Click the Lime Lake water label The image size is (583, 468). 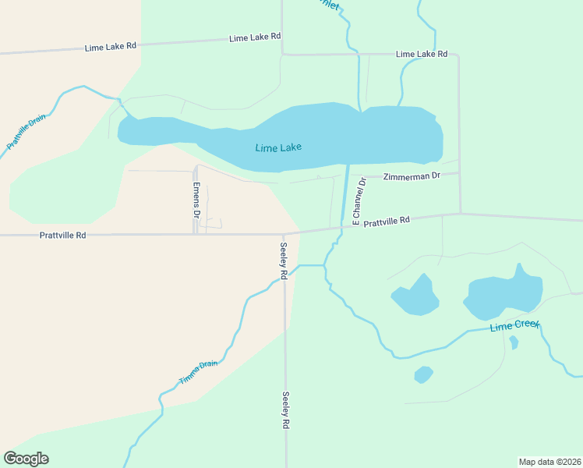[x=277, y=147]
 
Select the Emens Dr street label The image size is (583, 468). [x=197, y=200]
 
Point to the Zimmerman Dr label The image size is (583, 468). [x=411, y=176]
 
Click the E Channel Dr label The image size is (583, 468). [x=358, y=202]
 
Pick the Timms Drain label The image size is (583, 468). [x=198, y=371]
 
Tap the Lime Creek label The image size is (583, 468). [x=514, y=326]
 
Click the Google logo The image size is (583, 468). [x=26, y=459]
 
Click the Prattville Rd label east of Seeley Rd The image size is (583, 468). [x=387, y=222]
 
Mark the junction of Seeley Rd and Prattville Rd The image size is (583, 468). [x=284, y=232]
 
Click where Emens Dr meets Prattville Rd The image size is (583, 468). [x=195, y=233]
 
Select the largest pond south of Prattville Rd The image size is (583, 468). [x=503, y=296]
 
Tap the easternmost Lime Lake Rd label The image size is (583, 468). [x=422, y=55]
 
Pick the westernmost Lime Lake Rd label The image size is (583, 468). [x=111, y=48]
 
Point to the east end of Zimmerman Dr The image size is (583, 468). [x=458, y=173]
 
